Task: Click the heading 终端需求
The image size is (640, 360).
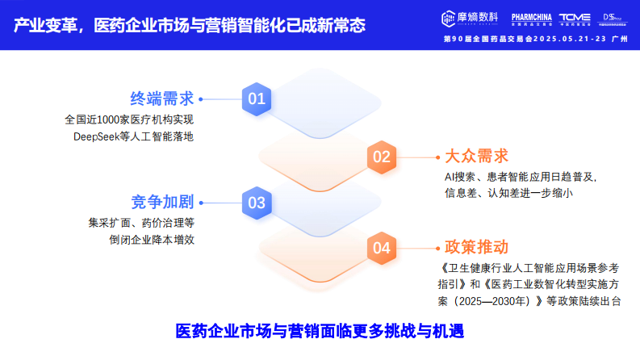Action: point(162,99)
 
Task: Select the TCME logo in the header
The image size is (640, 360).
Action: point(575,17)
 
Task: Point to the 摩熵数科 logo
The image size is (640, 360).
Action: point(471,17)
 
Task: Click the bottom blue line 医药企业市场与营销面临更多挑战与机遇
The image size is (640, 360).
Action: point(320,331)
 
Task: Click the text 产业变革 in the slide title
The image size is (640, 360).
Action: point(44,25)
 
